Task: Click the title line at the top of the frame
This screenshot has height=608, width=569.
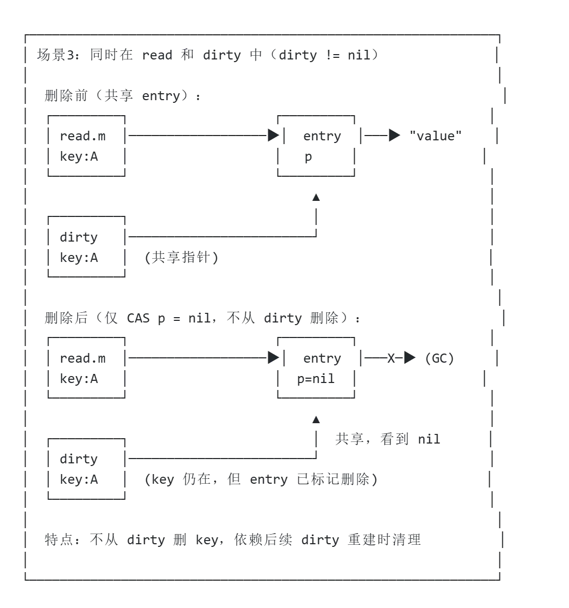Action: tap(206, 55)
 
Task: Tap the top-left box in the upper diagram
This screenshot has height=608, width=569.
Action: tap(88, 145)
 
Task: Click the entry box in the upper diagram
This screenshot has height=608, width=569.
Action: tap(315, 145)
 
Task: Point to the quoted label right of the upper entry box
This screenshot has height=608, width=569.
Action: tap(435, 137)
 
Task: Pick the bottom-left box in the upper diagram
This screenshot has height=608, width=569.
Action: tap(88, 246)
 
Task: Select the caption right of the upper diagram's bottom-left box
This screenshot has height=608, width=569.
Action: tap(182, 258)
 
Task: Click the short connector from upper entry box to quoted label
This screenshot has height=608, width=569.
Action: tap(375, 137)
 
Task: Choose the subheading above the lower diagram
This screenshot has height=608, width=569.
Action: tap(201, 319)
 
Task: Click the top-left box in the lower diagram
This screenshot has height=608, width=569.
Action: tap(88, 366)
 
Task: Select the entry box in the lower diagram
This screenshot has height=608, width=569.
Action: tap(315, 366)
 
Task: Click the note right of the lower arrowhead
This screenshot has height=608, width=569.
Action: tap(387, 439)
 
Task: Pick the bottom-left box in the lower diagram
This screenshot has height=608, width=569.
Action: tap(88, 469)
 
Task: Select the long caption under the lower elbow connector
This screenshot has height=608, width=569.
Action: tap(261, 480)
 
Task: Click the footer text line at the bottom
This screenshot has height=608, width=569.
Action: tap(234, 541)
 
